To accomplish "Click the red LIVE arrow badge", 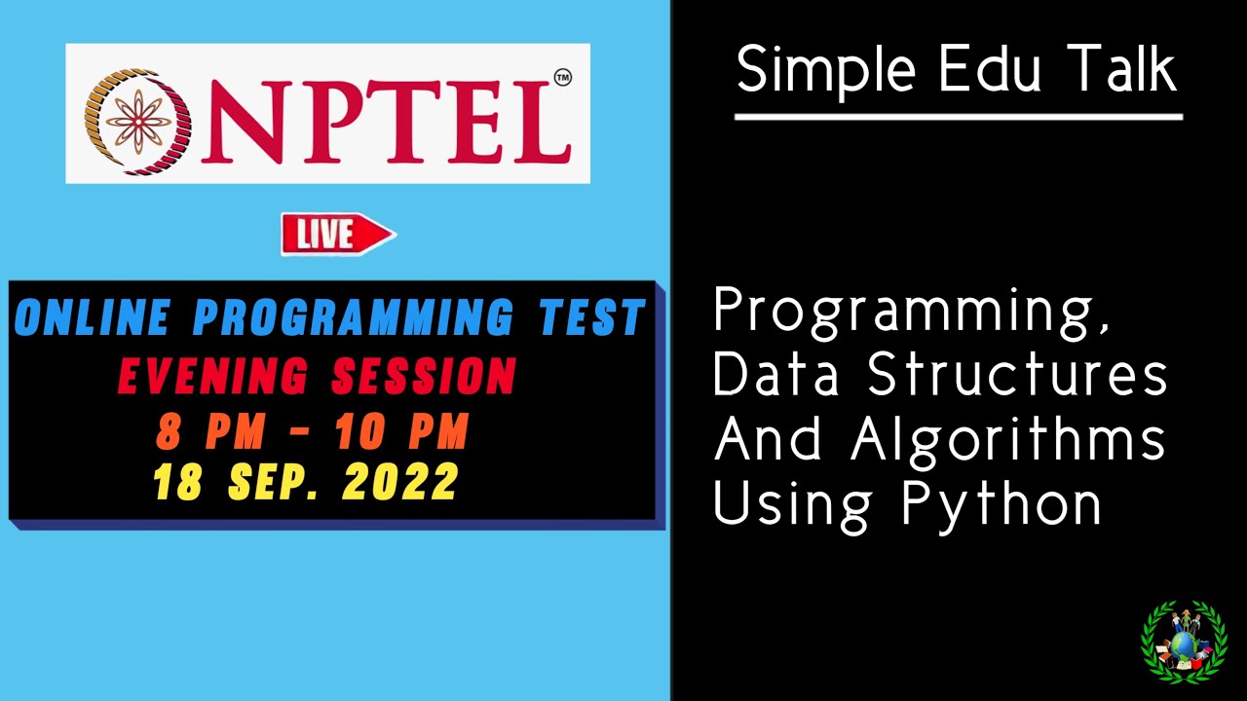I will pyautogui.click(x=337, y=235).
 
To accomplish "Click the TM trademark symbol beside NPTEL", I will pyautogui.click(x=562, y=77).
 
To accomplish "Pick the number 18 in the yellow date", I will pyautogui.click(x=177, y=483).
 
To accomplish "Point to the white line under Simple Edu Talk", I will pyautogui.click(x=958, y=118).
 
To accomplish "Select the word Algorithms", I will pyautogui.click(x=1008, y=440).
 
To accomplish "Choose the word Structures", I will pyautogui.click(x=1017, y=375).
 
